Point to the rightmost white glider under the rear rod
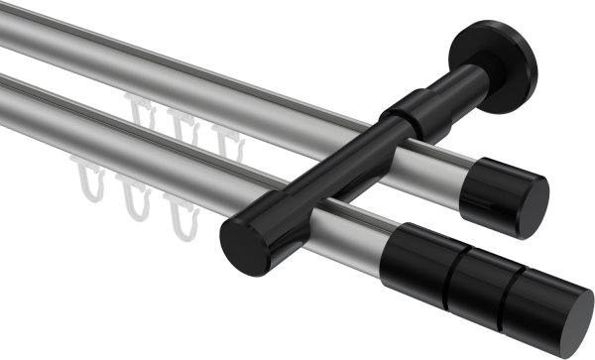click(231, 138)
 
